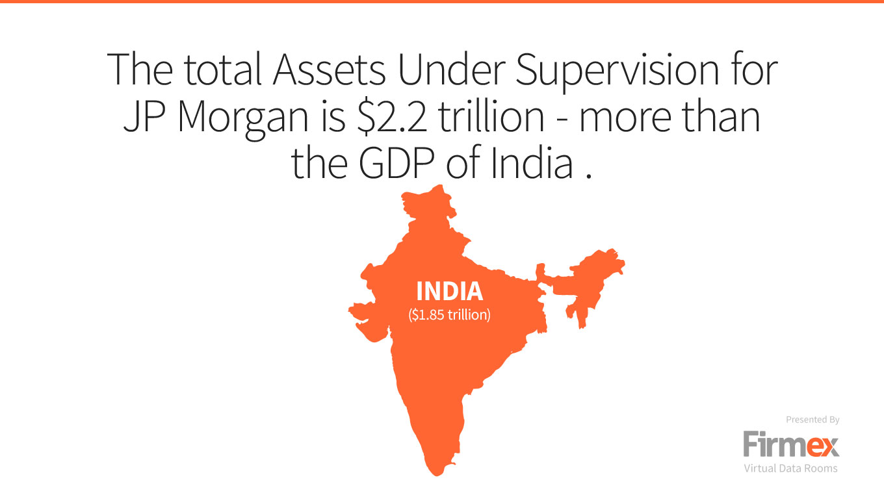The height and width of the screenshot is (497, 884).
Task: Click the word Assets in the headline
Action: point(329,70)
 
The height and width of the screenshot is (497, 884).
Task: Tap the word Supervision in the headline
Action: point(617,73)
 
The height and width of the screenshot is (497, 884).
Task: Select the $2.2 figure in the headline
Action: point(391,117)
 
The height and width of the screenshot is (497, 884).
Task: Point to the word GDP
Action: point(396,162)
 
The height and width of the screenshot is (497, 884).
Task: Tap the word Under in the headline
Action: point(452,70)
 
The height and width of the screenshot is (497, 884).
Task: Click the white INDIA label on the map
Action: point(450,291)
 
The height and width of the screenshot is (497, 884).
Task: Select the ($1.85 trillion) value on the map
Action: point(450,314)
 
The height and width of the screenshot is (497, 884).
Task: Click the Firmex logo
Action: point(791,444)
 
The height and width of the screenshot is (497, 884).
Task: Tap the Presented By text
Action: point(812,419)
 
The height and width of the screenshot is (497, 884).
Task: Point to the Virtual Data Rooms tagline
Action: point(790,468)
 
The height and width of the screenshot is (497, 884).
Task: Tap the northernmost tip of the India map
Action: point(441,185)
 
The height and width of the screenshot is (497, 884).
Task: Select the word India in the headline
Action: point(532,162)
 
